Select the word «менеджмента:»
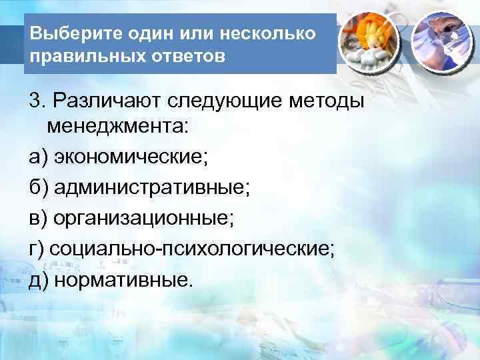(119, 127)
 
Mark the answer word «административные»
(153, 189)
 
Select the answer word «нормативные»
(123, 280)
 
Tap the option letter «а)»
(37, 158)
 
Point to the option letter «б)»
(38, 189)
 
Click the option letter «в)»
(37, 219)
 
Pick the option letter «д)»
(38, 280)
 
